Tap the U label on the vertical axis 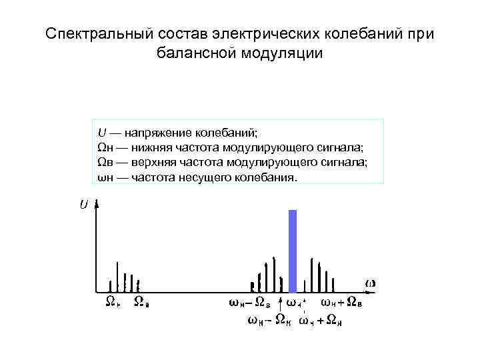pyautogui.click(x=83, y=205)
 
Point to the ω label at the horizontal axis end pyautogui.click(x=370, y=283)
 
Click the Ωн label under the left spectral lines pyautogui.click(x=113, y=302)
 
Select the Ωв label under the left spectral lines pyautogui.click(x=141, y=302)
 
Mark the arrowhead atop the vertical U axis pyautogui.click(x=98, y=205)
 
